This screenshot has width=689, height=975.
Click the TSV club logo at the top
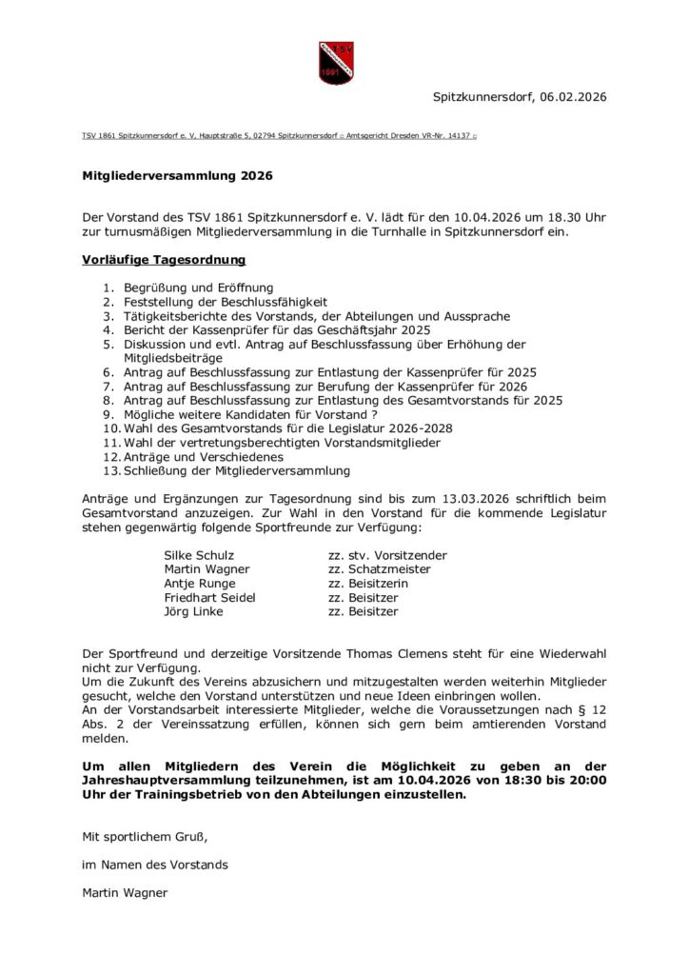pyautogui.click(x=336, y=62)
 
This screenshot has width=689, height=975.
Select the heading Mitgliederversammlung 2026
pyautogui.click(x=177, y=176)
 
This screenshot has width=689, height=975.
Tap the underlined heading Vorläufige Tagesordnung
pyautogui.click(x=164, y=259)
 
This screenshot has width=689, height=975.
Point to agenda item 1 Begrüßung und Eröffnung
pyautogui.click(x=198, y=287)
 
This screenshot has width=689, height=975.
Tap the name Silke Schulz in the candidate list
pyautogui.click(x=199, y=555)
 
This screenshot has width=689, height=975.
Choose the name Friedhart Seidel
pyautogui.click(x=209, y=598)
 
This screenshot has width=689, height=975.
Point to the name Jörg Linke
pyautogui.click(x=193, y=612)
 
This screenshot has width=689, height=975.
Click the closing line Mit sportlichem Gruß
pyautogui.click(x=145, y=837)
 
